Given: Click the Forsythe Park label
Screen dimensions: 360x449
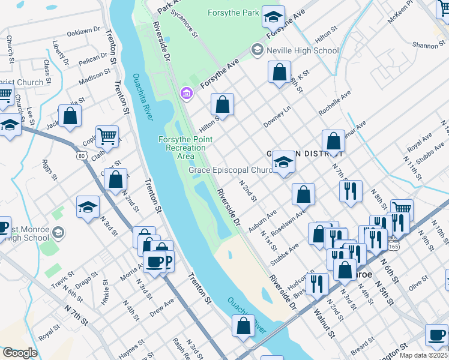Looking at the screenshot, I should pos(234,13).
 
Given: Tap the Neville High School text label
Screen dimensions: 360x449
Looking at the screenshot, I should pos(303,51).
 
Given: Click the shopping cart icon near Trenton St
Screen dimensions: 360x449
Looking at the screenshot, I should pos(107,136).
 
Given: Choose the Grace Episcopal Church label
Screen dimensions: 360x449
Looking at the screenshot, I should pos(231,170).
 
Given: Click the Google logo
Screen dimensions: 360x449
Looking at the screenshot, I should pos(20,353).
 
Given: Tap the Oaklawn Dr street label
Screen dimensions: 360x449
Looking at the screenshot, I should pos(83,31).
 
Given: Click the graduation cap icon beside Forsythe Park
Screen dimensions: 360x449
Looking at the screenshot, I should pos(273,17).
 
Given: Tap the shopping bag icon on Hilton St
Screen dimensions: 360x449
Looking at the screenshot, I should pos(222,105).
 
